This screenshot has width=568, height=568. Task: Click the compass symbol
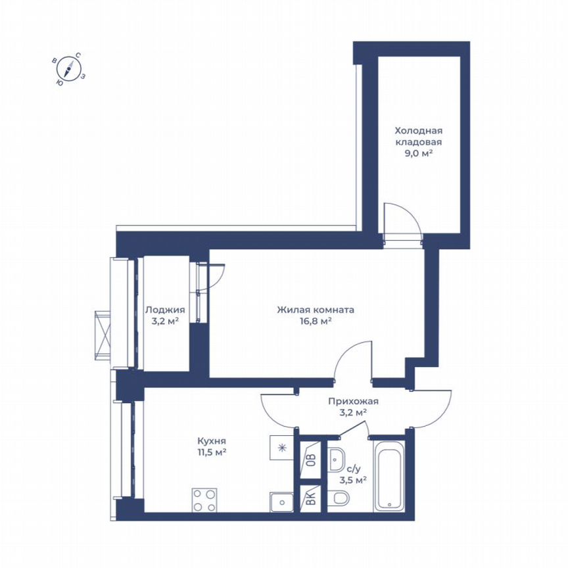coord(68,69)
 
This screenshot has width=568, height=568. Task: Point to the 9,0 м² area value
coord(418,153)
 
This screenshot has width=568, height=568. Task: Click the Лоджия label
coord(165,310)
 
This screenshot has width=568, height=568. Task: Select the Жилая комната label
coord(316,310)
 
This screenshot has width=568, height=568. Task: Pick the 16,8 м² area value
coord(316,321)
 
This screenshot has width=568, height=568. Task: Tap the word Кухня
coord(212,441)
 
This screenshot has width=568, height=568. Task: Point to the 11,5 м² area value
coord(212,452)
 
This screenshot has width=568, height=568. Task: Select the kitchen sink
coord(281,502)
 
